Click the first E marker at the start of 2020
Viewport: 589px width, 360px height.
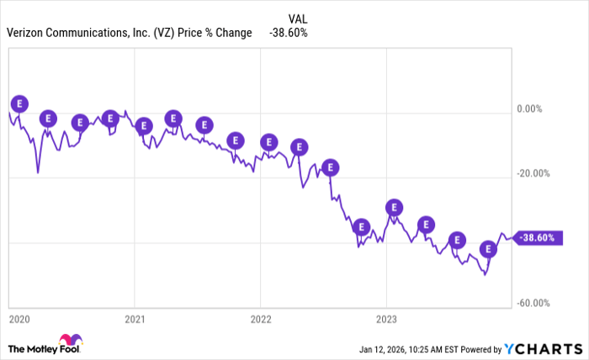(19, 103)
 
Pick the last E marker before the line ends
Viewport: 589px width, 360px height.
(488, 249)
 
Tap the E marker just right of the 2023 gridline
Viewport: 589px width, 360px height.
(394, 207)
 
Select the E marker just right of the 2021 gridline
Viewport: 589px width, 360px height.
(143, 125)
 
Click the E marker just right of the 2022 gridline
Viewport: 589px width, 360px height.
(268, 141)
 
